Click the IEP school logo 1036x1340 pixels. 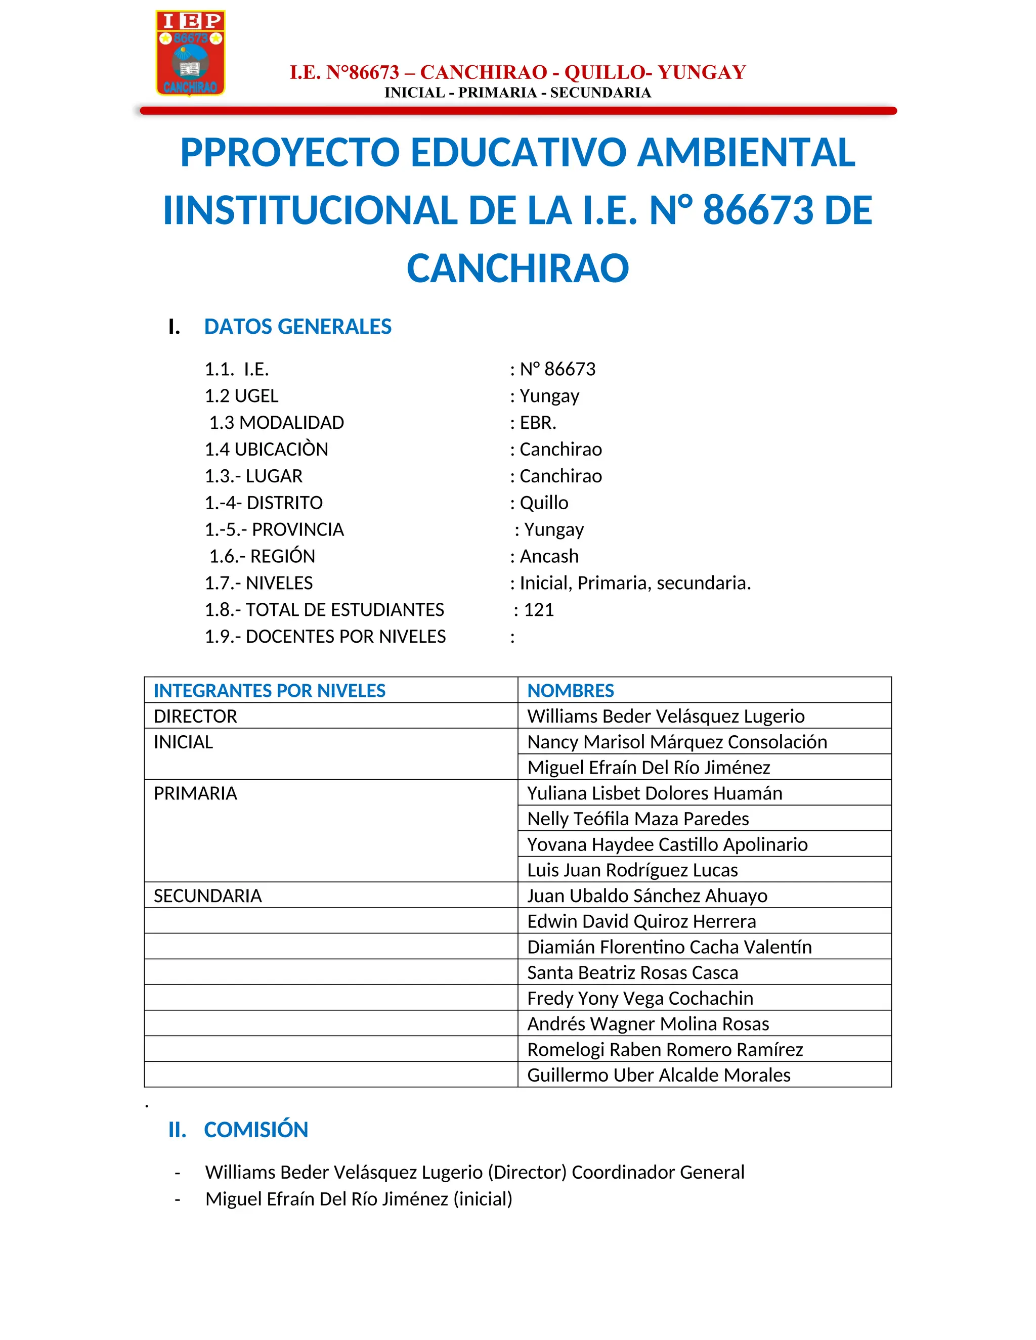(x=190, y=53)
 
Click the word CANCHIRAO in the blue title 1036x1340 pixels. (x=517, y=269)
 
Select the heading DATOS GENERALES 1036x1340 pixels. (x=297, y=327)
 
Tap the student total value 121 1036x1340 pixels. (x=539, y=610)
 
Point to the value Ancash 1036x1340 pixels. (x=549, y=557)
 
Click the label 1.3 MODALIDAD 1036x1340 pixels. (x=276, y=423)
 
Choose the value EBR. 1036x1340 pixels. (x=538, y=423)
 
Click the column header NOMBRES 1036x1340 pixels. (x=570, y=691)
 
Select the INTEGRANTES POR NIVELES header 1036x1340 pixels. (x=270, y=691)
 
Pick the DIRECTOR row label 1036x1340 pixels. (x=195, y=717)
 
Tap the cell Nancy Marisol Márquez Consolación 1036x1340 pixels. (x=677, y=742)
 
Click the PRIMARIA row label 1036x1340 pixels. (x=195, y=793)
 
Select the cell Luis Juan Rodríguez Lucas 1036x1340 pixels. (x=632, y=870)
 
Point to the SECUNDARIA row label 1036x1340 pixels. (x=207, y=896)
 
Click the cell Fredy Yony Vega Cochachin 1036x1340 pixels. (x=640, y=998)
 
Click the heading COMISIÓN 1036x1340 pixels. (x=256, y=1130)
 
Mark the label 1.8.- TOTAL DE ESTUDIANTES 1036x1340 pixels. (x=324, y=610)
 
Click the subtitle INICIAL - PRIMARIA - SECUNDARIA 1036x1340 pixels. (x=517, y=93)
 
